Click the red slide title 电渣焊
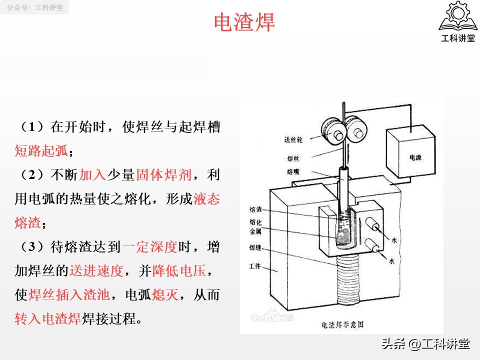pos(244,23)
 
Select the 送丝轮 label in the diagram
pos(293,139)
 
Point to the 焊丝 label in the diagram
pos(293,158)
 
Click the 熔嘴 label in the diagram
pos(293,171)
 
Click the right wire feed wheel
pos(355,131)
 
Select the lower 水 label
pos(392,261)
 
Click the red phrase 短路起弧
pos(41,150)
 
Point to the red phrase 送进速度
pos(96,270)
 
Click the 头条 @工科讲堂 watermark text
pos(425,344)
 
